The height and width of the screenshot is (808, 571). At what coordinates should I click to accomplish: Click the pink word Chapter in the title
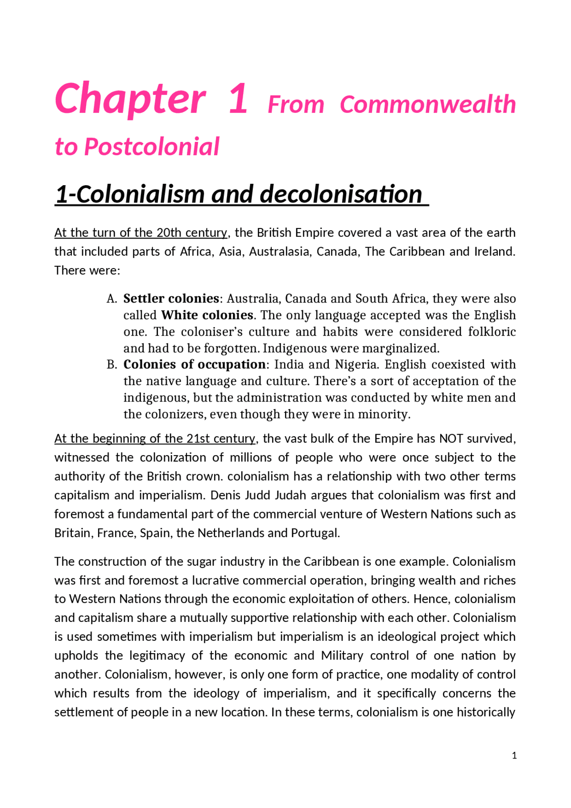click(x=130, y=99)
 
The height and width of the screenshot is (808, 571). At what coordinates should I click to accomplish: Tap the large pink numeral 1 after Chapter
click(x=238, y=99)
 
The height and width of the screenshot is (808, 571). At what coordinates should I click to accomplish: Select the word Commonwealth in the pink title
click(x=427, y=105)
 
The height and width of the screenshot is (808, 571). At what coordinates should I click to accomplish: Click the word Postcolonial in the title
click(x=152, y=147)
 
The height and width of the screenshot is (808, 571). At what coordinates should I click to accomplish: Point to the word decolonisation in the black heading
click(x=341, y=195)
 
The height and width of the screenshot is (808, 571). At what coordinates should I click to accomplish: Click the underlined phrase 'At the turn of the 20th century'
click(x=141, y=233)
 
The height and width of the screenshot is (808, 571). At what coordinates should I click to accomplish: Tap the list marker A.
click(x=112, y=299)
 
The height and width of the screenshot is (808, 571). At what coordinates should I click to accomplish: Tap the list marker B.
click(x=112, y=365)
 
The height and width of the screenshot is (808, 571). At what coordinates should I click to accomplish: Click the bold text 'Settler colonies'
click(x=171, y=298)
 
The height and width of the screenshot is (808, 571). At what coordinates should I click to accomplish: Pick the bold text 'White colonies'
click(x=207, y=315)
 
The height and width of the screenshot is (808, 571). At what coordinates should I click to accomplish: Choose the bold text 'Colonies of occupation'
click(x=194, y=365)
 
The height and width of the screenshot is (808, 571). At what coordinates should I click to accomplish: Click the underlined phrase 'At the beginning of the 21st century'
click(x=155, y=439)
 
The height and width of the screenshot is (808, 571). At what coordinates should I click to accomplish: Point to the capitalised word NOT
click(x=451, y=439)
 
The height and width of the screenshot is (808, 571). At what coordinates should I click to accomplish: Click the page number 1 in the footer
click(x=514, y=755)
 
